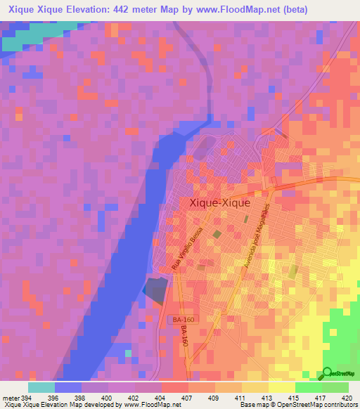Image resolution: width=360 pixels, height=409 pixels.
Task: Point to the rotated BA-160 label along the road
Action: tap(185, 337)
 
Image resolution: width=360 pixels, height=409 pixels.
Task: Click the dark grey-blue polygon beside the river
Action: tap(157, 289)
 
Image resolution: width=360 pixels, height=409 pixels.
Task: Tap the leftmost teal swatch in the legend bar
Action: tap(41, 387)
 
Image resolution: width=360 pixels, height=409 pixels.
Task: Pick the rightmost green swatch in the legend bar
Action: tap(335, 387)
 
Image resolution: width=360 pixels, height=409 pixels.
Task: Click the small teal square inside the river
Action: tap(128, 353)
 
